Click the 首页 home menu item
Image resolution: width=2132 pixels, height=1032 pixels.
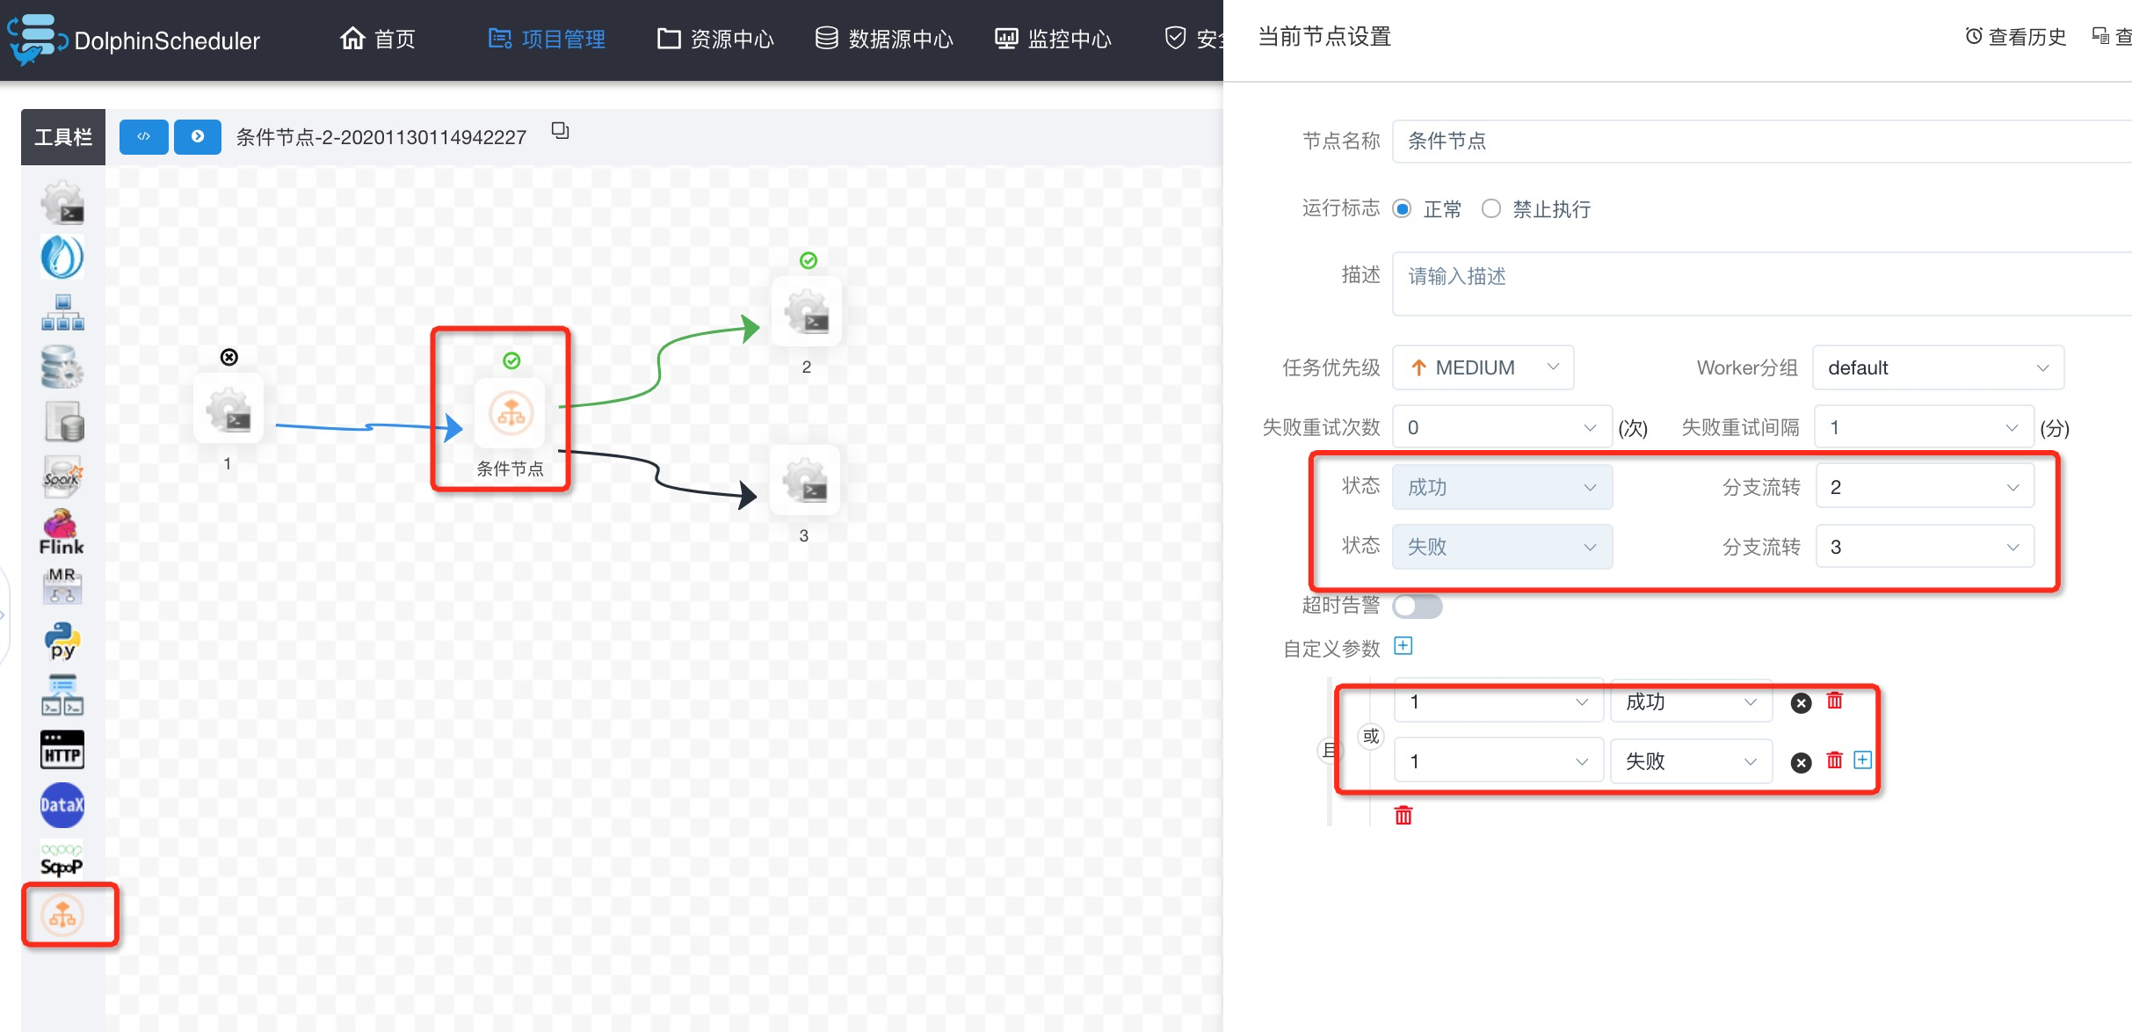point(378,39)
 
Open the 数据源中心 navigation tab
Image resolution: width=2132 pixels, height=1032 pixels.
point(884,39)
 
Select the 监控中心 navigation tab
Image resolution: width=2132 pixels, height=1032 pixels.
point(1053,39)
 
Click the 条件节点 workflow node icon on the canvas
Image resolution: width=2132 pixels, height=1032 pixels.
point(511,412)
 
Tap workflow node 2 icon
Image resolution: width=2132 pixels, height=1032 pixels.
point(807,312)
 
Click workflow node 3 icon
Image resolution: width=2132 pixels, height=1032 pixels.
point(805,480)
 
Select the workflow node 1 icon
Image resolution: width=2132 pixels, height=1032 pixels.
point(228,409)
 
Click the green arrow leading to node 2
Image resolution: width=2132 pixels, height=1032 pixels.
point(659,360)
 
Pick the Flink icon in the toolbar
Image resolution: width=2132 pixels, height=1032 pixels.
point(62,532)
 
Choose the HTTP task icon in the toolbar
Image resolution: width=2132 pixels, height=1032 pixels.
point(62,751)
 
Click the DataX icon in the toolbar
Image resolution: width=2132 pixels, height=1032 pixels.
point(62,805)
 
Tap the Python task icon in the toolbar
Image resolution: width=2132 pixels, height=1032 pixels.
point(62,641)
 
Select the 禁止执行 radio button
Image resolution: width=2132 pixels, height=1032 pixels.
point(1491,208)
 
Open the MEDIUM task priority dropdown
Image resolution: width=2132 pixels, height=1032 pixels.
point(1483,367)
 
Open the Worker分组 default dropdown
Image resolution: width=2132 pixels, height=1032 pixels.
point(1938,367)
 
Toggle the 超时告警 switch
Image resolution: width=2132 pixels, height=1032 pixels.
point(1418,606)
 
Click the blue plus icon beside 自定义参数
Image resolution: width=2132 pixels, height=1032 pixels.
point(1403,646)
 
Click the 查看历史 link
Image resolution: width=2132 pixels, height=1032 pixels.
point(2016,36)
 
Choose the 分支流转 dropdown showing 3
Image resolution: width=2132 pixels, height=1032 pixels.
point(1925,547)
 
